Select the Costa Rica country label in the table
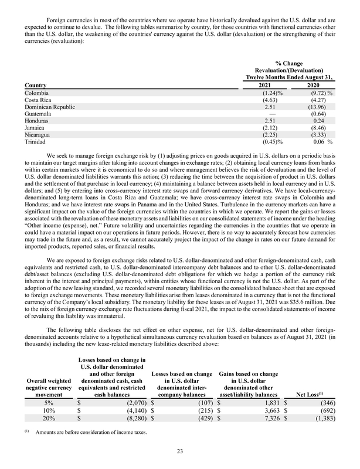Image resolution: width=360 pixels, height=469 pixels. pyautogui.click(x=38, y=100)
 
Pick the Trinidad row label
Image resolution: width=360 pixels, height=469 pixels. pyautogui.click(x=35, y=142)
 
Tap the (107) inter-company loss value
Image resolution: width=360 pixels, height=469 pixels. pyautogui.click(x=195, y=403)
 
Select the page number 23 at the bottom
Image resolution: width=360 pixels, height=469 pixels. pyautogui.click(x=180, y=451)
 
